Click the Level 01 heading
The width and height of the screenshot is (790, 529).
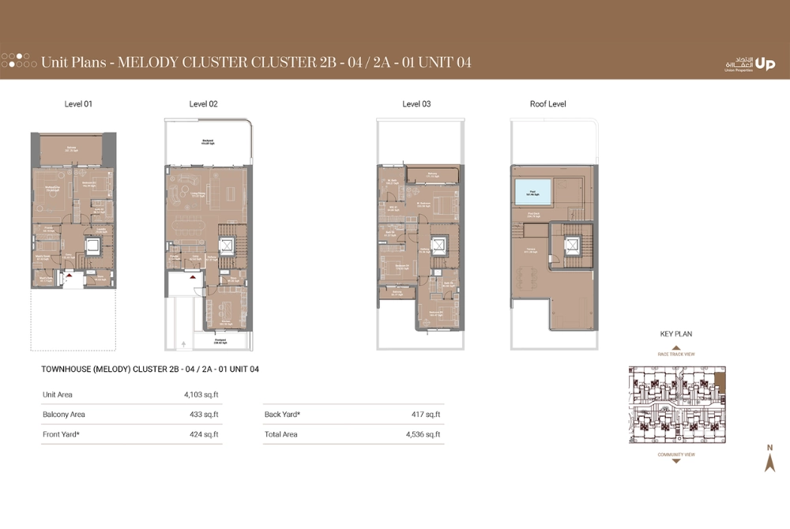pos(78,104)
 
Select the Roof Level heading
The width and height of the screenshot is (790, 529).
pos(547,104)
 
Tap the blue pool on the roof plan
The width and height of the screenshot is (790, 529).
pos(532,191)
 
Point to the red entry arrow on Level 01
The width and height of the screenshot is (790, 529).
pos(69,276)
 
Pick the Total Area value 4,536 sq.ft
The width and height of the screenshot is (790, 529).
pos(422,434)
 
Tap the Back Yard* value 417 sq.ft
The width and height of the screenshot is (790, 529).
pos(425,414)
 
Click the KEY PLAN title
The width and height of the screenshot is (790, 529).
pos(675,334)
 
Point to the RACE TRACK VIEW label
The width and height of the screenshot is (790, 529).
pos(675,355)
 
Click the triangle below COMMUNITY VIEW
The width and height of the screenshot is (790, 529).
pos(675,461)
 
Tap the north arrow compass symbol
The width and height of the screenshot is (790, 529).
pos(769,460)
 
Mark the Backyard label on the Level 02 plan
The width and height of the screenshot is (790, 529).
pos(208,143)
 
